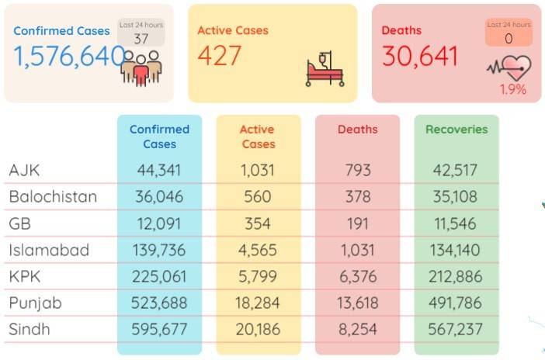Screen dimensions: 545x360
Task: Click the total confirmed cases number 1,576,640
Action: (69, 57)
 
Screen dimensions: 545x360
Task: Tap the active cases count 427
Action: (220, 56)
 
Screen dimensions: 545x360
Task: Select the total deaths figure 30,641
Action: (419, 57)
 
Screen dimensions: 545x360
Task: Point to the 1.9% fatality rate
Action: (512, 90)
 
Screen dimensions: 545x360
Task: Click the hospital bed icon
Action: (325, 69)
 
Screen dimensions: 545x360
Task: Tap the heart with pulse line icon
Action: (509, 68)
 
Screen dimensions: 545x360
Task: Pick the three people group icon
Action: (141, 68)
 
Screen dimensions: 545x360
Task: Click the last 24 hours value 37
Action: (141, 39)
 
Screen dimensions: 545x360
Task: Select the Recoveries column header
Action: (456, 130)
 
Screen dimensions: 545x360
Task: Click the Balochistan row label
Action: (53, 196)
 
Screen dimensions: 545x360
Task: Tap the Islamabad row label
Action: (49, 250)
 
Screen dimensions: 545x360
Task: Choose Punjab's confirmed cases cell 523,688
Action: (159, 303)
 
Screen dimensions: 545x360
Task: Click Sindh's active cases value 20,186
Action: (258, 330)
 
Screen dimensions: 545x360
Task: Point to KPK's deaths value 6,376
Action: (358, 277)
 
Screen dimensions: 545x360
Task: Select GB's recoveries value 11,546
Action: (455, 223)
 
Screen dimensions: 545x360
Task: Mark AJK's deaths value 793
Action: (358, 170)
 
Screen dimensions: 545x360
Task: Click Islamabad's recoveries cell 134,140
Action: (455, 250)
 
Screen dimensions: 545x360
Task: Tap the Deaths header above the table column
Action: (358, 130)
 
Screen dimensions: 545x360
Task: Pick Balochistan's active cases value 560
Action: (258, 196)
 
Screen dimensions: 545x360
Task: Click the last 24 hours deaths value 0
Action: (509, 39)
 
